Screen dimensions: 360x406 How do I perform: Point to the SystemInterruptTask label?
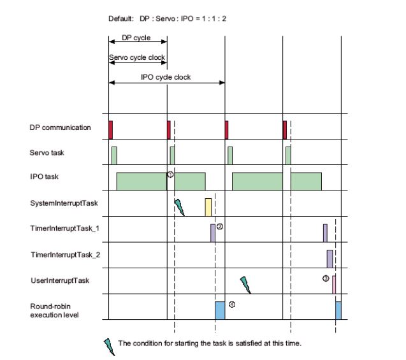point(63,203)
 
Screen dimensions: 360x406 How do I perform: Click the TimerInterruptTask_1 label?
point(66,229)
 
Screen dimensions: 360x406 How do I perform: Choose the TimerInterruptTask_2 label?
point(66,254)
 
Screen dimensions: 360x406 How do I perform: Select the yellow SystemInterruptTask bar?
point(208,207)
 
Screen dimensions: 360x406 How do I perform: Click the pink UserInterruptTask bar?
point(333,284)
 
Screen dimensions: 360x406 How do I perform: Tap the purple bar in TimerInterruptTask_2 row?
point(330,258)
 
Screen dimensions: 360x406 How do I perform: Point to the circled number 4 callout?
point(232,305)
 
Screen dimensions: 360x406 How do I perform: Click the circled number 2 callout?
point(220,226)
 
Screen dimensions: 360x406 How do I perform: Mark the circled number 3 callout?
point(326,278)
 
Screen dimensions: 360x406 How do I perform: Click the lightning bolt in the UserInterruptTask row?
point(245,284)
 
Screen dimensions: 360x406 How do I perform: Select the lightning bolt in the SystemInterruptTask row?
point(179,207)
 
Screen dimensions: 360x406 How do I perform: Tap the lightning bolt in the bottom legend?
point(110,345)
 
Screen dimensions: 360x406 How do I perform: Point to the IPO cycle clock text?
point(166,77)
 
